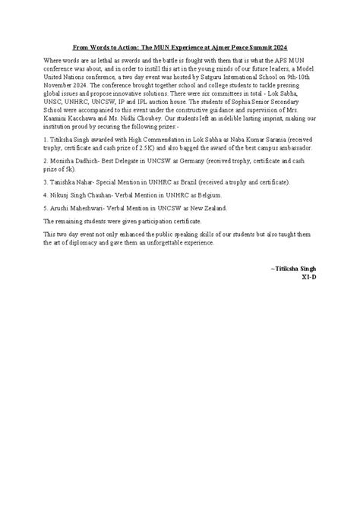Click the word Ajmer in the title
tap(224, 46)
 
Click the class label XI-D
tap(308, 278)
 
